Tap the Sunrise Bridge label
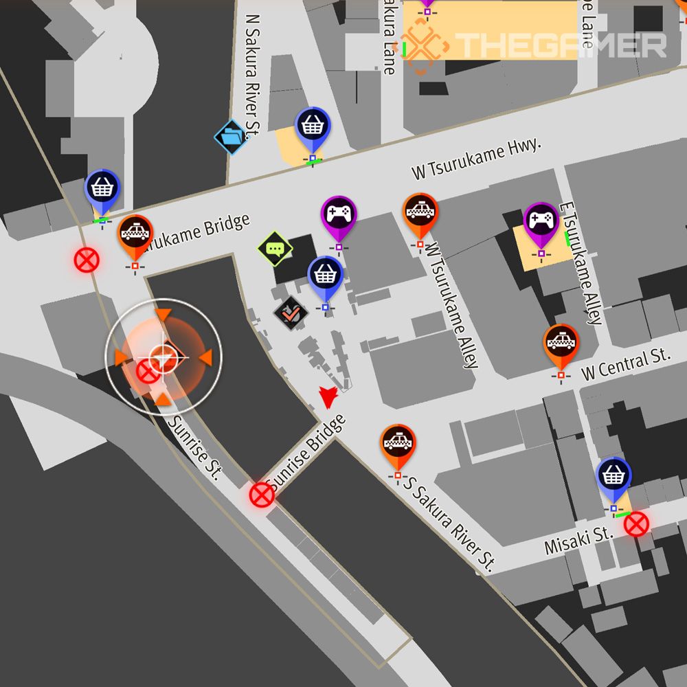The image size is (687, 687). click(x=306, y=454)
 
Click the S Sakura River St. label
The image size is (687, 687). click(x=449, y=523)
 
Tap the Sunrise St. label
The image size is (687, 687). click(x=195, y=447)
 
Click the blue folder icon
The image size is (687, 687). click(x=232, y=137)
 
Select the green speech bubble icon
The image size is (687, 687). click(x=275, y=249)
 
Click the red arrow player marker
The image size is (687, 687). click(x=328, y=397)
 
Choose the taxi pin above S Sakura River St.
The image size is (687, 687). click(x=398, y=445)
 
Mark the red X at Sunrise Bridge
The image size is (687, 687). click(x=261, y=494)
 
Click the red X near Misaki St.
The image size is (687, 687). click(x=636, y=524)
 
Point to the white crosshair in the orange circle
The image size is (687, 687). click(x=163, y=357)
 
